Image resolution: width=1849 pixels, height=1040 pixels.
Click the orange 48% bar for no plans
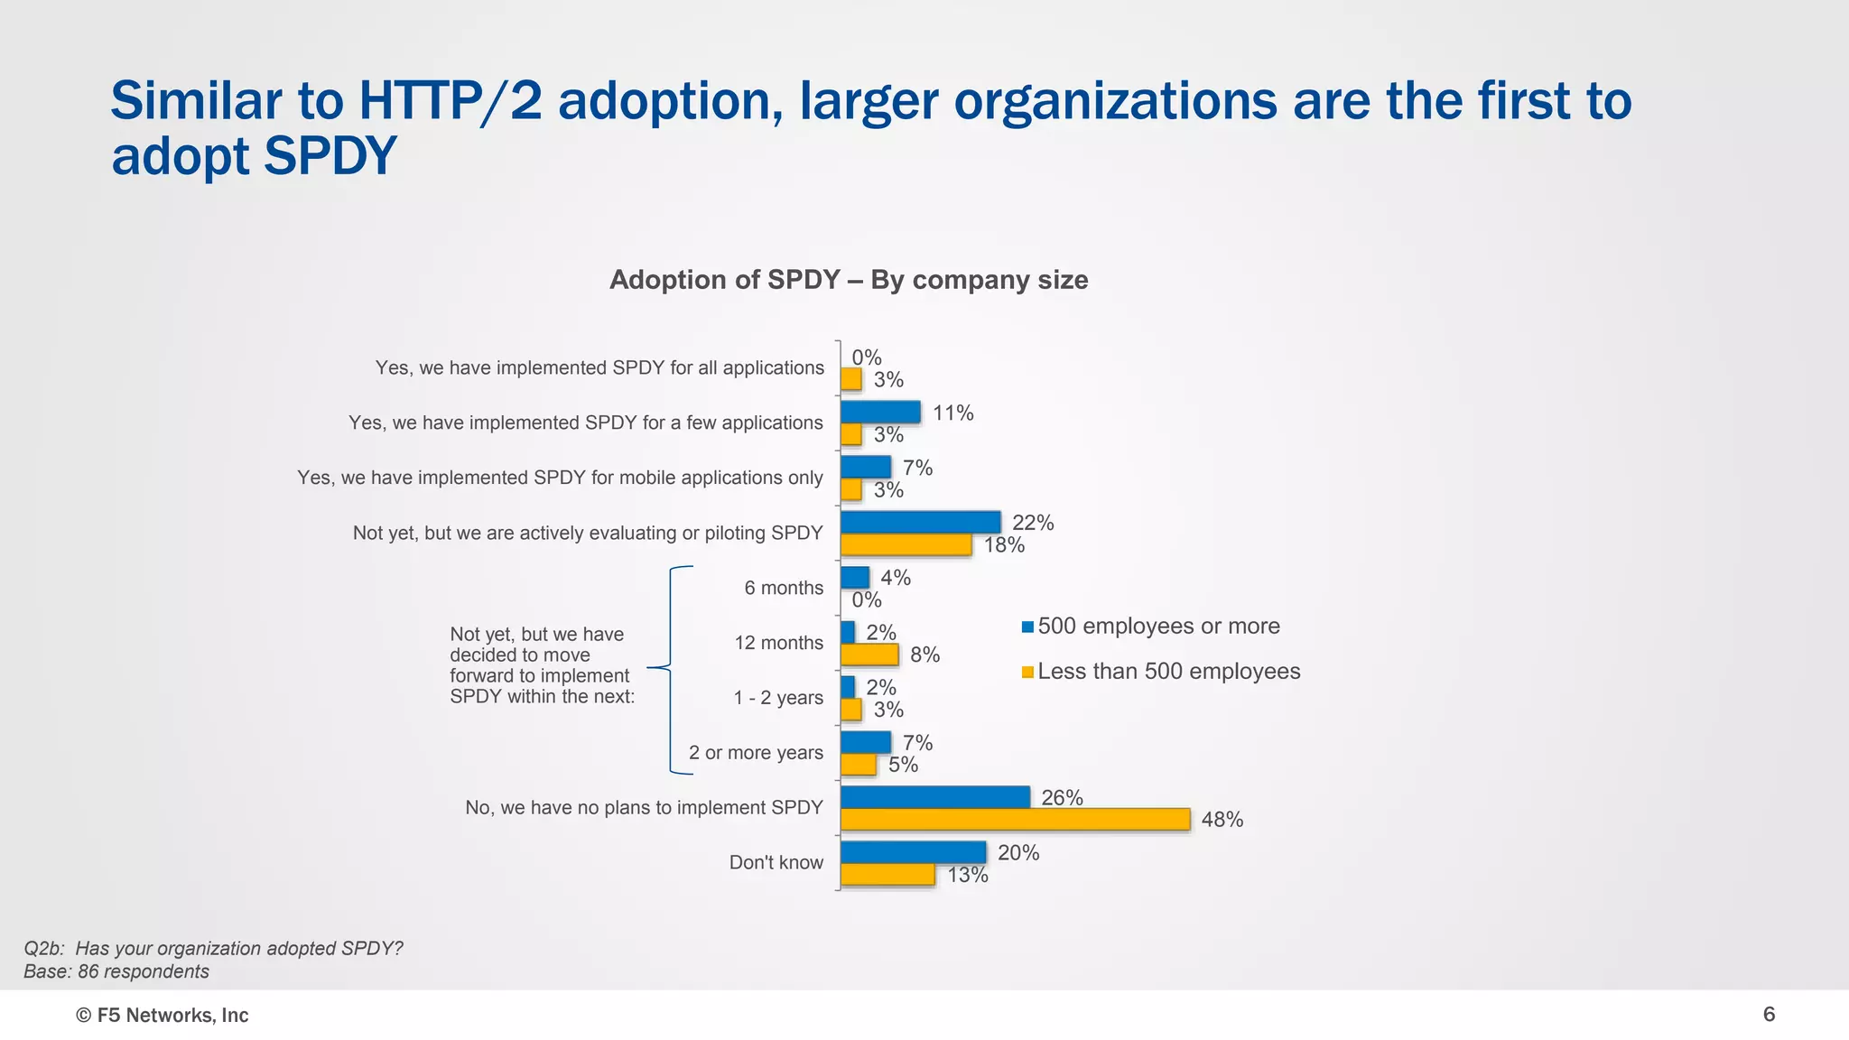1015,820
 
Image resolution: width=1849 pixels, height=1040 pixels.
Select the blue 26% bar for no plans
934,797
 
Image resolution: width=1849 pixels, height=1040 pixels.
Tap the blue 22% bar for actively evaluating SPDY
920,522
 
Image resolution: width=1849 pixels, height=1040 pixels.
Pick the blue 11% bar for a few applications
880,413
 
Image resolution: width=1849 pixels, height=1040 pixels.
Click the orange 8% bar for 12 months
869,655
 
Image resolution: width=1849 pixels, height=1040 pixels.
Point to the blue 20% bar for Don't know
913,852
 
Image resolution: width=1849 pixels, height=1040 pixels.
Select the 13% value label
967,875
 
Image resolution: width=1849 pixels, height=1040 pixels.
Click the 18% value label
1004,544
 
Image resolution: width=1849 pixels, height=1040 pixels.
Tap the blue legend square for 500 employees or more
1027,627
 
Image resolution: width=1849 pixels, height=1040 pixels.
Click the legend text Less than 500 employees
1168,672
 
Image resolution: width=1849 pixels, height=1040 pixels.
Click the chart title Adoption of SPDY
848,280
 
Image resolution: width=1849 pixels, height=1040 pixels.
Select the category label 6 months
784,588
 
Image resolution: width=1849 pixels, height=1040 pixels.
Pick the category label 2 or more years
756,753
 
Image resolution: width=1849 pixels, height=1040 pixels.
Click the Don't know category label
776,862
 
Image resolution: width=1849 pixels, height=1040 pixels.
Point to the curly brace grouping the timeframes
671,669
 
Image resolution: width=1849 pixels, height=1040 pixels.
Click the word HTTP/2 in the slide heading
451,100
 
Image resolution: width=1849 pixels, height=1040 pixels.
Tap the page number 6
1769,1015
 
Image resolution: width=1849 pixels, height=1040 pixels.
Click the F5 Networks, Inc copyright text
163,1016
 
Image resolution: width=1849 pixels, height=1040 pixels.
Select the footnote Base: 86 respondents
116,971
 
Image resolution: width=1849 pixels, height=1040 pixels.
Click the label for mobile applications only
560,478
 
